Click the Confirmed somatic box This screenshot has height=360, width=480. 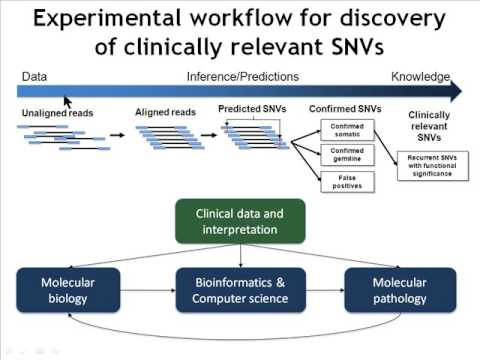tap(346, 130)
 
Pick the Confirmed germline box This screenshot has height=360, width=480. tap(346, 155)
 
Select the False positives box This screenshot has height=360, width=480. tap(346, 182)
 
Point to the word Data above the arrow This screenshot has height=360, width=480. tap(35, 77)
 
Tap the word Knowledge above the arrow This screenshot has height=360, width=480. tap(420, 77)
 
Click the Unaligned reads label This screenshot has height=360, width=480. tap(58, 113)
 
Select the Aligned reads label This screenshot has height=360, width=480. tap(164, 113)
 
